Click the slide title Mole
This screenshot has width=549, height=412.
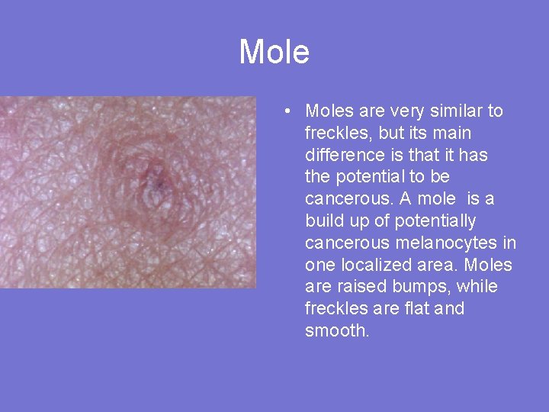point(274,52)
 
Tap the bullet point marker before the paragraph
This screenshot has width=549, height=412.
point(284,111)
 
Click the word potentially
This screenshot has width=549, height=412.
point(430,221)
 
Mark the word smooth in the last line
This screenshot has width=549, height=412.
point(337,331)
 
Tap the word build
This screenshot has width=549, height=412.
point(322,221)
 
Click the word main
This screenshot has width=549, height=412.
point(454,134)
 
